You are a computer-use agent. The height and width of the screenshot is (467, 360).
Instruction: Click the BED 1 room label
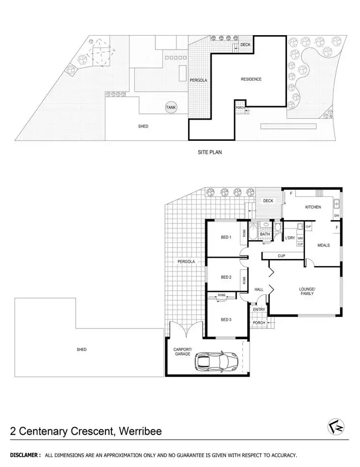coord(227,237)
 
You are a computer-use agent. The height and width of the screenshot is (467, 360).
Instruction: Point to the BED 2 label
coord(227,277)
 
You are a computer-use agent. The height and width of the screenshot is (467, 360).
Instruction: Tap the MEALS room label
coord(324,245)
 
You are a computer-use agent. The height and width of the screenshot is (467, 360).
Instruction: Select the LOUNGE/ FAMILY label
coord(306,292)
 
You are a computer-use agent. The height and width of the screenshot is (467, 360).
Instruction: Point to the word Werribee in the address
coord(139,431)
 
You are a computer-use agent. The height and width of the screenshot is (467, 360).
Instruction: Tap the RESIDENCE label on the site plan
coord(251,79)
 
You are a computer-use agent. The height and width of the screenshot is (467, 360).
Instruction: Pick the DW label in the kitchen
coord(336,216)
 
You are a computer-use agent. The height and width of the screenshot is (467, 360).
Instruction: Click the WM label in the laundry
coord(300,238)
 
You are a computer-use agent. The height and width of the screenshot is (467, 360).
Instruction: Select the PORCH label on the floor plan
coord(259,322)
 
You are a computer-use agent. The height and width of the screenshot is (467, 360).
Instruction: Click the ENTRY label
coord(259,309)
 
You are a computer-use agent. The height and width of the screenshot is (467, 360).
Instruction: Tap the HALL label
coord(259,289)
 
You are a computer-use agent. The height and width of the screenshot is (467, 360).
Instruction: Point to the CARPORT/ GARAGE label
coord(183,351)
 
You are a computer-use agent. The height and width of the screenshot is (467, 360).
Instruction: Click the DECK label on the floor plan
coord(268,201)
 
